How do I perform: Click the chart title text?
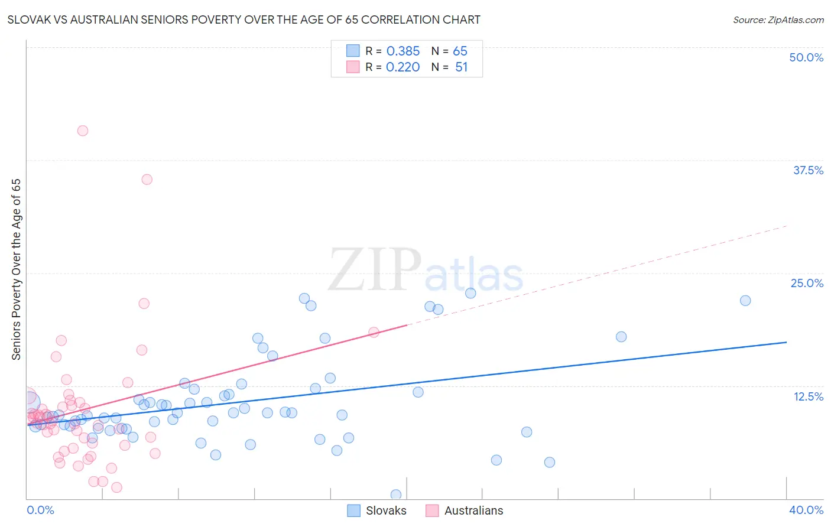pos(244,19)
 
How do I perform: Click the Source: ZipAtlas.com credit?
pos(778,19)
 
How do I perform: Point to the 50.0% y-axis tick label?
pos(806,57)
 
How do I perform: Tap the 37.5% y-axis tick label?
pos(808,170)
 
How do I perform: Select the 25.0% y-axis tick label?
pos(807,283)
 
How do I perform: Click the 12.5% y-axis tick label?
pos(808,396)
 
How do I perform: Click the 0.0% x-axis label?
pos(40,510)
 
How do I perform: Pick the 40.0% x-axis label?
pos(806,510)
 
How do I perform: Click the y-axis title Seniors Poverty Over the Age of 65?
pos(16,269)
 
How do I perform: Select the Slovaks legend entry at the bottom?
pos(385,510)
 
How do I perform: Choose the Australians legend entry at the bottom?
pos(473,510)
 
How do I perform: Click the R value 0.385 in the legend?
pos(402,51)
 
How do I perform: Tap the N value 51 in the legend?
pos(461,67)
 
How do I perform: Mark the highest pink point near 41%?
pos(83,131)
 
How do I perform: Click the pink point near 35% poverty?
pos(147,180)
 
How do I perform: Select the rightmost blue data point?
pos(745,300)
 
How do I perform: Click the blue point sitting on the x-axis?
pos(396,495)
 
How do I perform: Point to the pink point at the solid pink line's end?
pos(374,332)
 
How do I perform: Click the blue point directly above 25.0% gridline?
pos(470,293)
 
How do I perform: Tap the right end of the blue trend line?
pos(787,342)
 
